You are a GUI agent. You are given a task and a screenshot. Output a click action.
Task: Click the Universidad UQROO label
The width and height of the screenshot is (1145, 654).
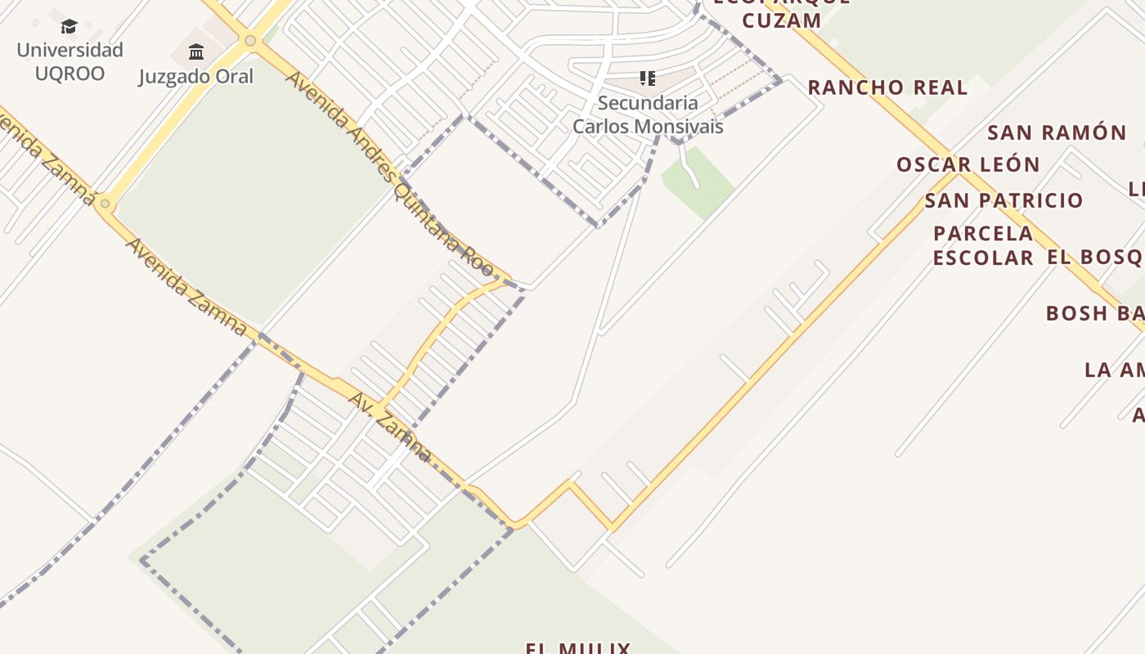click(x=70, y=61)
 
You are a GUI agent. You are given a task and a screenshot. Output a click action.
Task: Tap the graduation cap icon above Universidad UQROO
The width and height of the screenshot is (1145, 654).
click(x=70, y=27)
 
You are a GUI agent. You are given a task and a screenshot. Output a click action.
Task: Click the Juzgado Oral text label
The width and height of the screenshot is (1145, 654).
click(x=196, y=77)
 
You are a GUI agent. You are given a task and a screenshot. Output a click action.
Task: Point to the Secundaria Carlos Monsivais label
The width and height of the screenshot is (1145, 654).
click(x=648, y=114)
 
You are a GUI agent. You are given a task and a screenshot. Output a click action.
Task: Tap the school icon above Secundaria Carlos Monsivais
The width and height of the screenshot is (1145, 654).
click(x=648, y=78)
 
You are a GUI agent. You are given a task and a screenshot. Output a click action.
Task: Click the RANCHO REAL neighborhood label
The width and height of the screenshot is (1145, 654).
click(x=887, y=87)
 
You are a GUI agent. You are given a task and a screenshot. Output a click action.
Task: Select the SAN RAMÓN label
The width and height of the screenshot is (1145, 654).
click(x=1057, y=132)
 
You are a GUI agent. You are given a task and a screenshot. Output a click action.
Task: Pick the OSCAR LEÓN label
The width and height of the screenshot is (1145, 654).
click(x=968, y=164)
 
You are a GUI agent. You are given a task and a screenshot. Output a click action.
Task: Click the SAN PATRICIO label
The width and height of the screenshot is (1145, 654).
click(x=1004, y=200)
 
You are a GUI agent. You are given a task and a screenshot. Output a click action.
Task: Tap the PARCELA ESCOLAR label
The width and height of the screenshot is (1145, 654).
click(x=983, y=245)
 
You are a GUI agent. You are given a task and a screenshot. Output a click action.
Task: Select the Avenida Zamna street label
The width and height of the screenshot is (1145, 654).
click(x=186, y=287)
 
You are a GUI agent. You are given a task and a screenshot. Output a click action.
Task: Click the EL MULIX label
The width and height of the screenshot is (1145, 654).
click(x=578, y=647)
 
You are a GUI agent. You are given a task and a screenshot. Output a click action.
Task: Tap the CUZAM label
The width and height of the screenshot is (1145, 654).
click(x=781, y=20)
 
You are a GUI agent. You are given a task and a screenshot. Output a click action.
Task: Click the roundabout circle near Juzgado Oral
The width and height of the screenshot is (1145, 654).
click(x=250, y=40)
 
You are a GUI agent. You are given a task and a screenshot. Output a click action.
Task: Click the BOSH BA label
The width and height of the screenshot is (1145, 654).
click(x=1094, y=313)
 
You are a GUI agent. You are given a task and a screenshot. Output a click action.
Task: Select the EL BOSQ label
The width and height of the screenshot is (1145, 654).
click(x=1094, y=258)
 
